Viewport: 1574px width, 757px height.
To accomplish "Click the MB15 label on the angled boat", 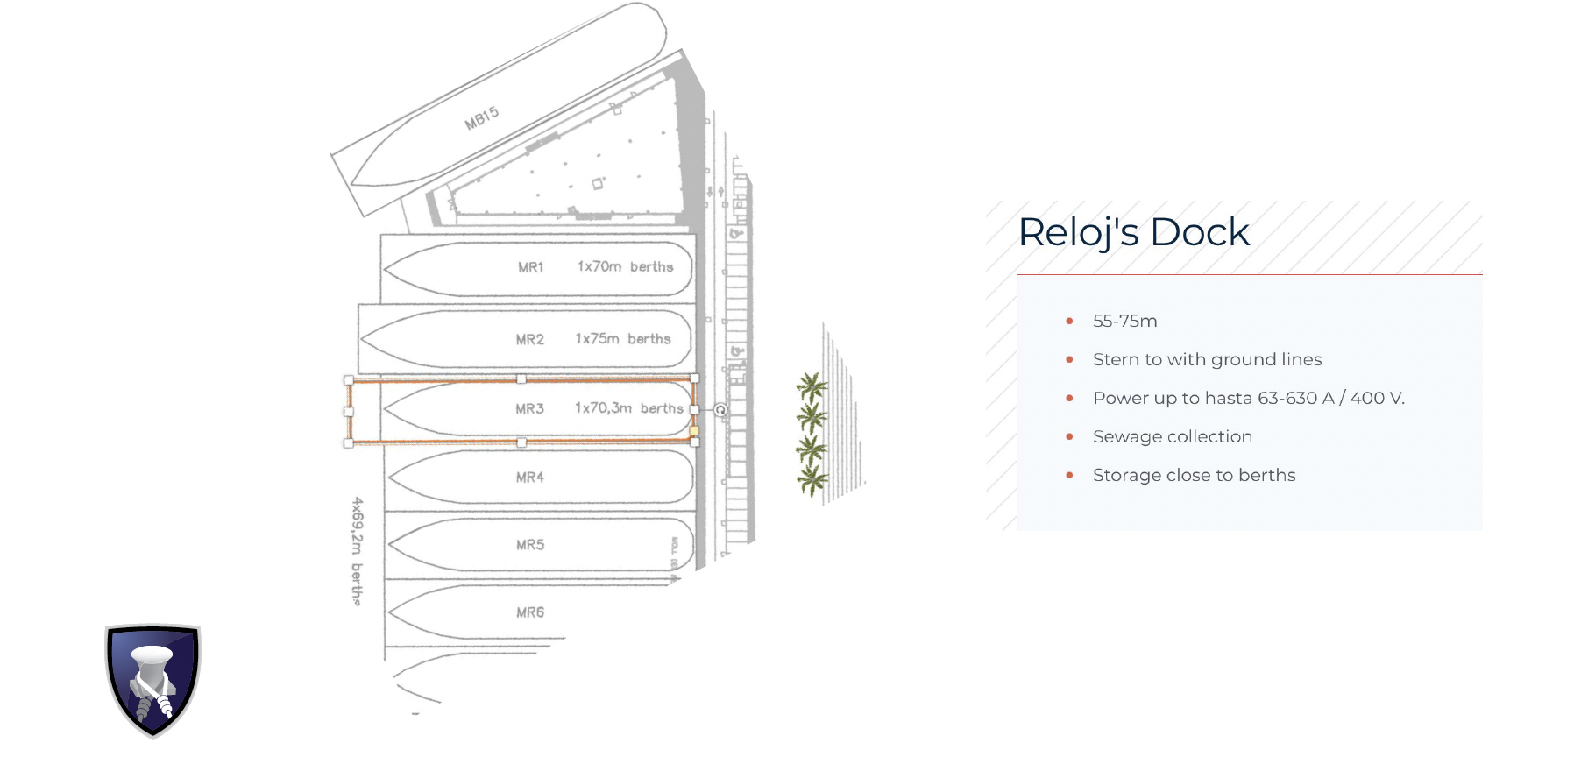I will [481, 118].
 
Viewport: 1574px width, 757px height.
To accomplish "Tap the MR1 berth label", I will [530, 267].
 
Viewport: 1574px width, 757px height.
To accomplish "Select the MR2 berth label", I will [529, 339].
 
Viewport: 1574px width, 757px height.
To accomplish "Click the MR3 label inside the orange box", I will [529, 408].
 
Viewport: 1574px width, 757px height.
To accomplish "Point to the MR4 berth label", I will [529, 478].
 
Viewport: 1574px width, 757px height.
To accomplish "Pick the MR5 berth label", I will [529, 545].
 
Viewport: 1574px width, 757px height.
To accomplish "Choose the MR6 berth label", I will [529, 612].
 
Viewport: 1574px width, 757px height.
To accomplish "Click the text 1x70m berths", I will [625, 266].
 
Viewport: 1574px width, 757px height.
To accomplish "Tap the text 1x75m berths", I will [622, 338].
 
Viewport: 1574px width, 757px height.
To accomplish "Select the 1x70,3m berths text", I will [628, 408].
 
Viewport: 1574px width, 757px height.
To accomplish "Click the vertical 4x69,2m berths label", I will [357, 551].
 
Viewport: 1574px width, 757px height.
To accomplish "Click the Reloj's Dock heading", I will [1133, 232].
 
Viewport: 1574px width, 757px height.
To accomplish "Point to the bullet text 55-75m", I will [1124, 322].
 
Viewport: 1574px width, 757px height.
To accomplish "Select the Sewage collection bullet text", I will [1172, 436].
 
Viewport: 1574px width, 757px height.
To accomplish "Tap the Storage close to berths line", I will [1194, 475].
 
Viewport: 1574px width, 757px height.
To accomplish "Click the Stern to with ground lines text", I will [1207, 359].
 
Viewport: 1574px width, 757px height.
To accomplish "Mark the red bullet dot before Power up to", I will [1069, 398].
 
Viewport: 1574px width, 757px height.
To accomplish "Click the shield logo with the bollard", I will [153, 680].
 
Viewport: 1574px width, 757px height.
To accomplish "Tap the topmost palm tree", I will [812, 386].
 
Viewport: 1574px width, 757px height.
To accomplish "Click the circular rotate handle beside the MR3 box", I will [720, 410].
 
